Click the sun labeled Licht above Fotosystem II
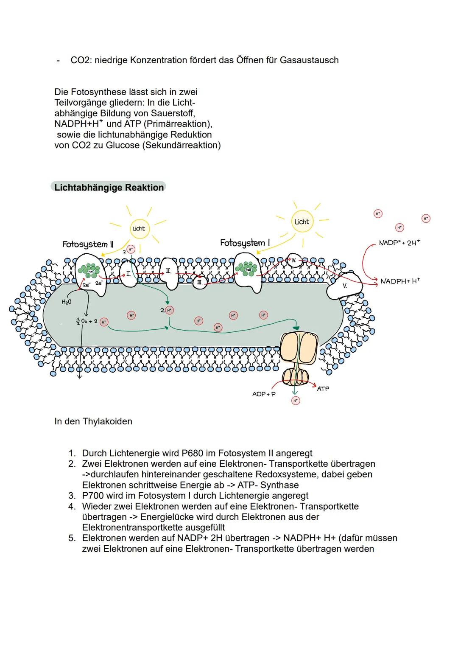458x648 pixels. [x=138, y=228]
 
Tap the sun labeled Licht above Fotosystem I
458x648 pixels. [x=302, y=222]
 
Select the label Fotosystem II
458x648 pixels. [x=88, y=244]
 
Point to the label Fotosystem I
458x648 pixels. [x=245, y=243]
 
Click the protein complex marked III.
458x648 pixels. [x=200, y=282]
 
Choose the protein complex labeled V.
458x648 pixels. [x=345, y=286]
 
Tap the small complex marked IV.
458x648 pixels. [x=293, y=260]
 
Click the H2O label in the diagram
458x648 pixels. [x=67, y=302]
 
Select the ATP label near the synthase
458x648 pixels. [x=323, y=389]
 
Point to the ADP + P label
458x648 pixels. [x=264, y=394]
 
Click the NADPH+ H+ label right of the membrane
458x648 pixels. [x=400, y=281]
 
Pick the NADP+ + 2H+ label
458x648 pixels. [x=399, y=243]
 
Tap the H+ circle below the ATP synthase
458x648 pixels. [x=296, y=401]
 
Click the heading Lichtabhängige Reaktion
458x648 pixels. [x=109, y=188]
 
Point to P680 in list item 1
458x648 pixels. [x=207, y=453]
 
